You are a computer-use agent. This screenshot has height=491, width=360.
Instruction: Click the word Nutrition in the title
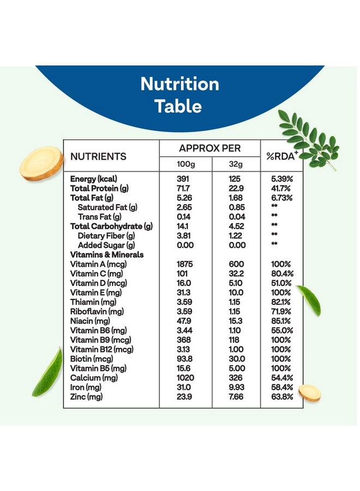tap(179, 84)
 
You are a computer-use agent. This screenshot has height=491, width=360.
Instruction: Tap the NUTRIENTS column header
tap(98, 157)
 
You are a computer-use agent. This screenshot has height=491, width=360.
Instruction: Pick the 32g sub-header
tap(236, 164)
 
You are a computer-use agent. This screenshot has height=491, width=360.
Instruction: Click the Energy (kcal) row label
tap(94, 179)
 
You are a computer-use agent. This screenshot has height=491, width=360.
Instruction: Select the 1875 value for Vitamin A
tap(185, 264)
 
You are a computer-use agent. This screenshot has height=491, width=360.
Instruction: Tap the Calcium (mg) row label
tap(91, 378)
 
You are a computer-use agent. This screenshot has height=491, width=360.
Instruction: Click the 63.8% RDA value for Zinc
tap(282, 397)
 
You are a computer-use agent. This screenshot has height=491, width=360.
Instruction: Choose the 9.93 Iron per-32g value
tap(237, 387)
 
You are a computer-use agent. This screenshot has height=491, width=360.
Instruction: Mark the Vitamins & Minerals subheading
tap(107, 255)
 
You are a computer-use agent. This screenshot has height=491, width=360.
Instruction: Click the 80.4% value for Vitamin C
tap(282, 273)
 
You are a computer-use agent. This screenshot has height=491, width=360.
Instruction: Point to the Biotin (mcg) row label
tap(92, 358)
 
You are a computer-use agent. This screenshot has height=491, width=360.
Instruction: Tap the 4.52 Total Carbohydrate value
tap(237, 226)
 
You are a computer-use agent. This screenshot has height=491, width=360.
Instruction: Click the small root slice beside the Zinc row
tap(309, 393)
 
